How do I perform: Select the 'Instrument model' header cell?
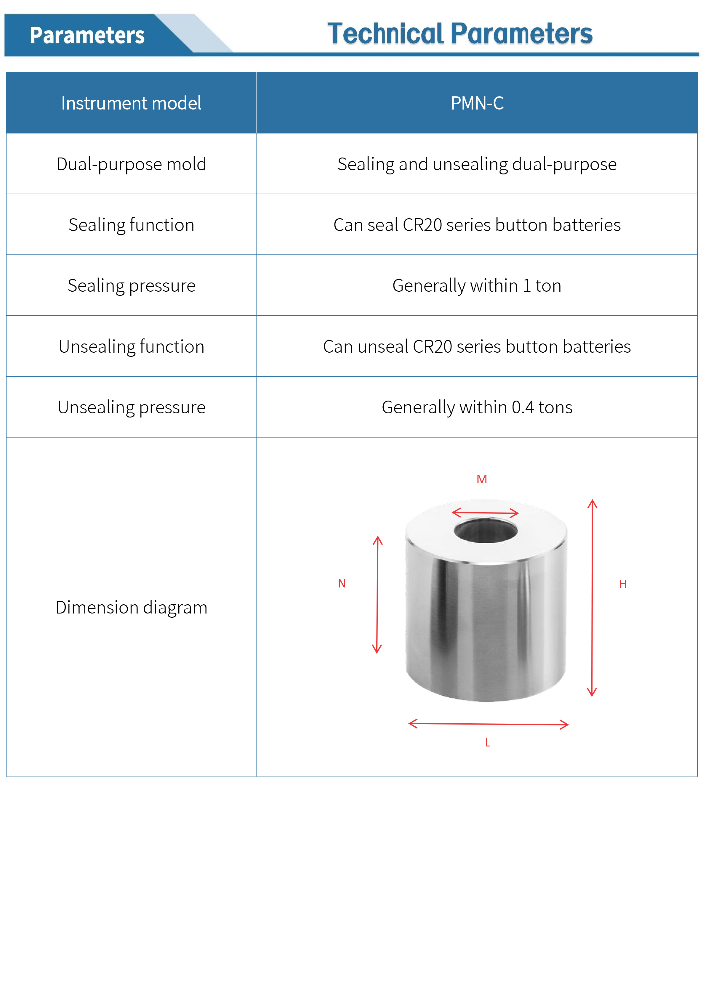(131, 103)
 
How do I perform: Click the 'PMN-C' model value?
(477, 103)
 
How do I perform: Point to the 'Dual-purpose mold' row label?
(131, 164)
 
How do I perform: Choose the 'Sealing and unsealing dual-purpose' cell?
(477, 164)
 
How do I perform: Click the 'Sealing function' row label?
(131, 225)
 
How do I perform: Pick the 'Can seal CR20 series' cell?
(477, 225)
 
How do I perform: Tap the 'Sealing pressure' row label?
(131, 285)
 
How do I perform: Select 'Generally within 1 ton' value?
(477, 285)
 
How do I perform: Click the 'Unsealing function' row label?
(131, 346)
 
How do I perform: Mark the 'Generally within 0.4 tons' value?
(477, 407)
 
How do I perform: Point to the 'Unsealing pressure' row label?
(131, 407)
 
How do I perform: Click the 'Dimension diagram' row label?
(131, 607)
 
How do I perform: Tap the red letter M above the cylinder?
(482, 479)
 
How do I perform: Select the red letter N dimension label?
(342, 584)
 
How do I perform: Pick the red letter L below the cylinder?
(488, 743)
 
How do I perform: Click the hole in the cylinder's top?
(486, 531)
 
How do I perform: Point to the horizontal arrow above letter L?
(489, 724)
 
